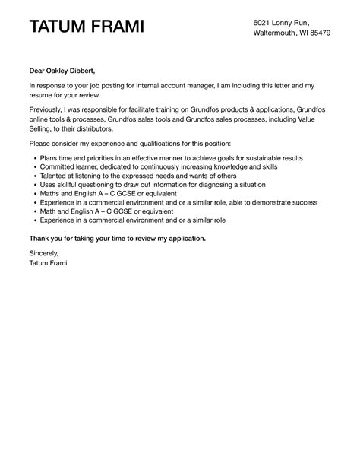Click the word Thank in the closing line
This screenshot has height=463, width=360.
click(41, 238)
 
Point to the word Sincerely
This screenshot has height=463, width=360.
click(43, 253)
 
